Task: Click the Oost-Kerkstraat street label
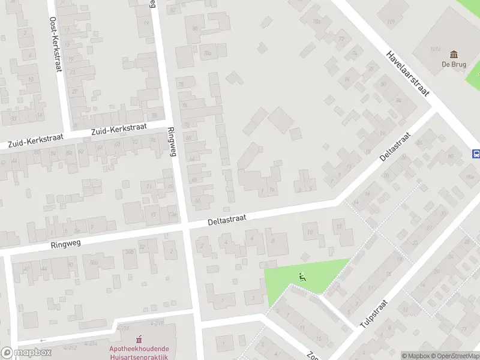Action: point(55,44)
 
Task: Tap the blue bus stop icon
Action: point(476,154)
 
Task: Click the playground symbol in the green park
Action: point(301,277)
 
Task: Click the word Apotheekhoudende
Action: point(139,349)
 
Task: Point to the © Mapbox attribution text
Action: point(416,356)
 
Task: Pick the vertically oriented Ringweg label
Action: point(173,142)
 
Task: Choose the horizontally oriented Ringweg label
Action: point(66,242)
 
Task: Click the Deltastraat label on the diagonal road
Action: point(394,147)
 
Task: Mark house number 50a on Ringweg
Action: point(94,262)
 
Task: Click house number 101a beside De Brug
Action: point(436,49)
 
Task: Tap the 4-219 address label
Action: point(157,323)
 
